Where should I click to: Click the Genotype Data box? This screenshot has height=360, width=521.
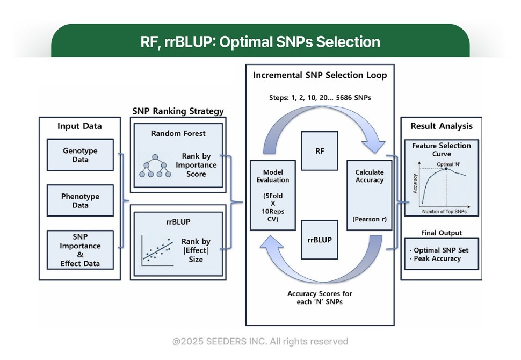point(80,155)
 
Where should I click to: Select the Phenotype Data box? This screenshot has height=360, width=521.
point(80,200)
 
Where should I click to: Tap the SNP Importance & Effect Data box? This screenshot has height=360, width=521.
point(80,250)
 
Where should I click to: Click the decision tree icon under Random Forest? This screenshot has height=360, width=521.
point(155,165)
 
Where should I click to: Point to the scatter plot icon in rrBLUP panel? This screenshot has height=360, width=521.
point(157,251)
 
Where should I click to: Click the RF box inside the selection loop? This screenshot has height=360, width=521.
point(320,151)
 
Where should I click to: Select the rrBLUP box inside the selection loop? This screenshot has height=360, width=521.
point(320,240)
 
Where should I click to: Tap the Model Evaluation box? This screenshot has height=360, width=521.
point(273,196)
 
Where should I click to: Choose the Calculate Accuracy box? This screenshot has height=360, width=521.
point(370,196)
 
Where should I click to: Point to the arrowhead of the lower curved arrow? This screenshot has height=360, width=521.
point(271,242)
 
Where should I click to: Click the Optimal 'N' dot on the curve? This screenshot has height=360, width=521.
point(446,169)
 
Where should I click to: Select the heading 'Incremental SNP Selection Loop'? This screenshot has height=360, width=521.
point(320,75)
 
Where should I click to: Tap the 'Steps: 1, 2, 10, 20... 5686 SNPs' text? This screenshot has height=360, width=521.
point(320,98)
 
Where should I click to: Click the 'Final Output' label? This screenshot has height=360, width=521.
point(442,233)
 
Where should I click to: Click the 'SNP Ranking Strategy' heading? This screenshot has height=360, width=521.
point(178,111)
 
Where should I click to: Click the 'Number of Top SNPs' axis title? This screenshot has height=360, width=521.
point(444,211)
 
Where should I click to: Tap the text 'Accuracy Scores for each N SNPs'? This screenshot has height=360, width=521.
point(320,298)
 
